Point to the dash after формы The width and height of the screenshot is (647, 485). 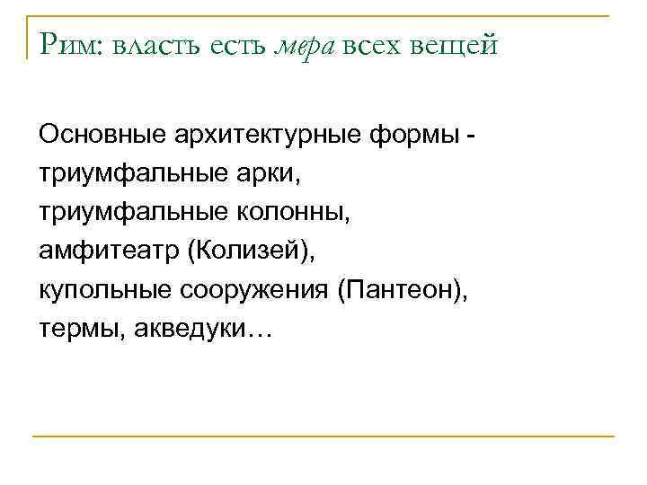click(472, 137)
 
